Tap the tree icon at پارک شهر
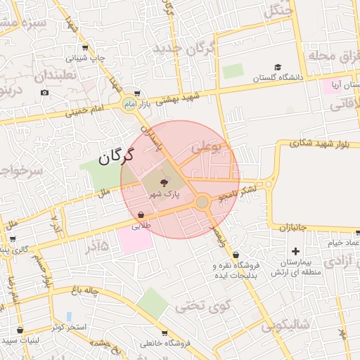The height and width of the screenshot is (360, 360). point(165,181)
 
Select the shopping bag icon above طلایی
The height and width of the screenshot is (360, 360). point(141,215)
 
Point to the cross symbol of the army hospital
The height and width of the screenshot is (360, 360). point(295,251)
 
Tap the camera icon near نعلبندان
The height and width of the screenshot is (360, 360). point(45,93)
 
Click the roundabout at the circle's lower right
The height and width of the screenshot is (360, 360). point(202,202)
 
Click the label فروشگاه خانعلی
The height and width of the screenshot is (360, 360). point(164,344)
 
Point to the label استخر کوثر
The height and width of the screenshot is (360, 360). point(68,327)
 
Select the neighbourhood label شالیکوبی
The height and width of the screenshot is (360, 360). point(285,326)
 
